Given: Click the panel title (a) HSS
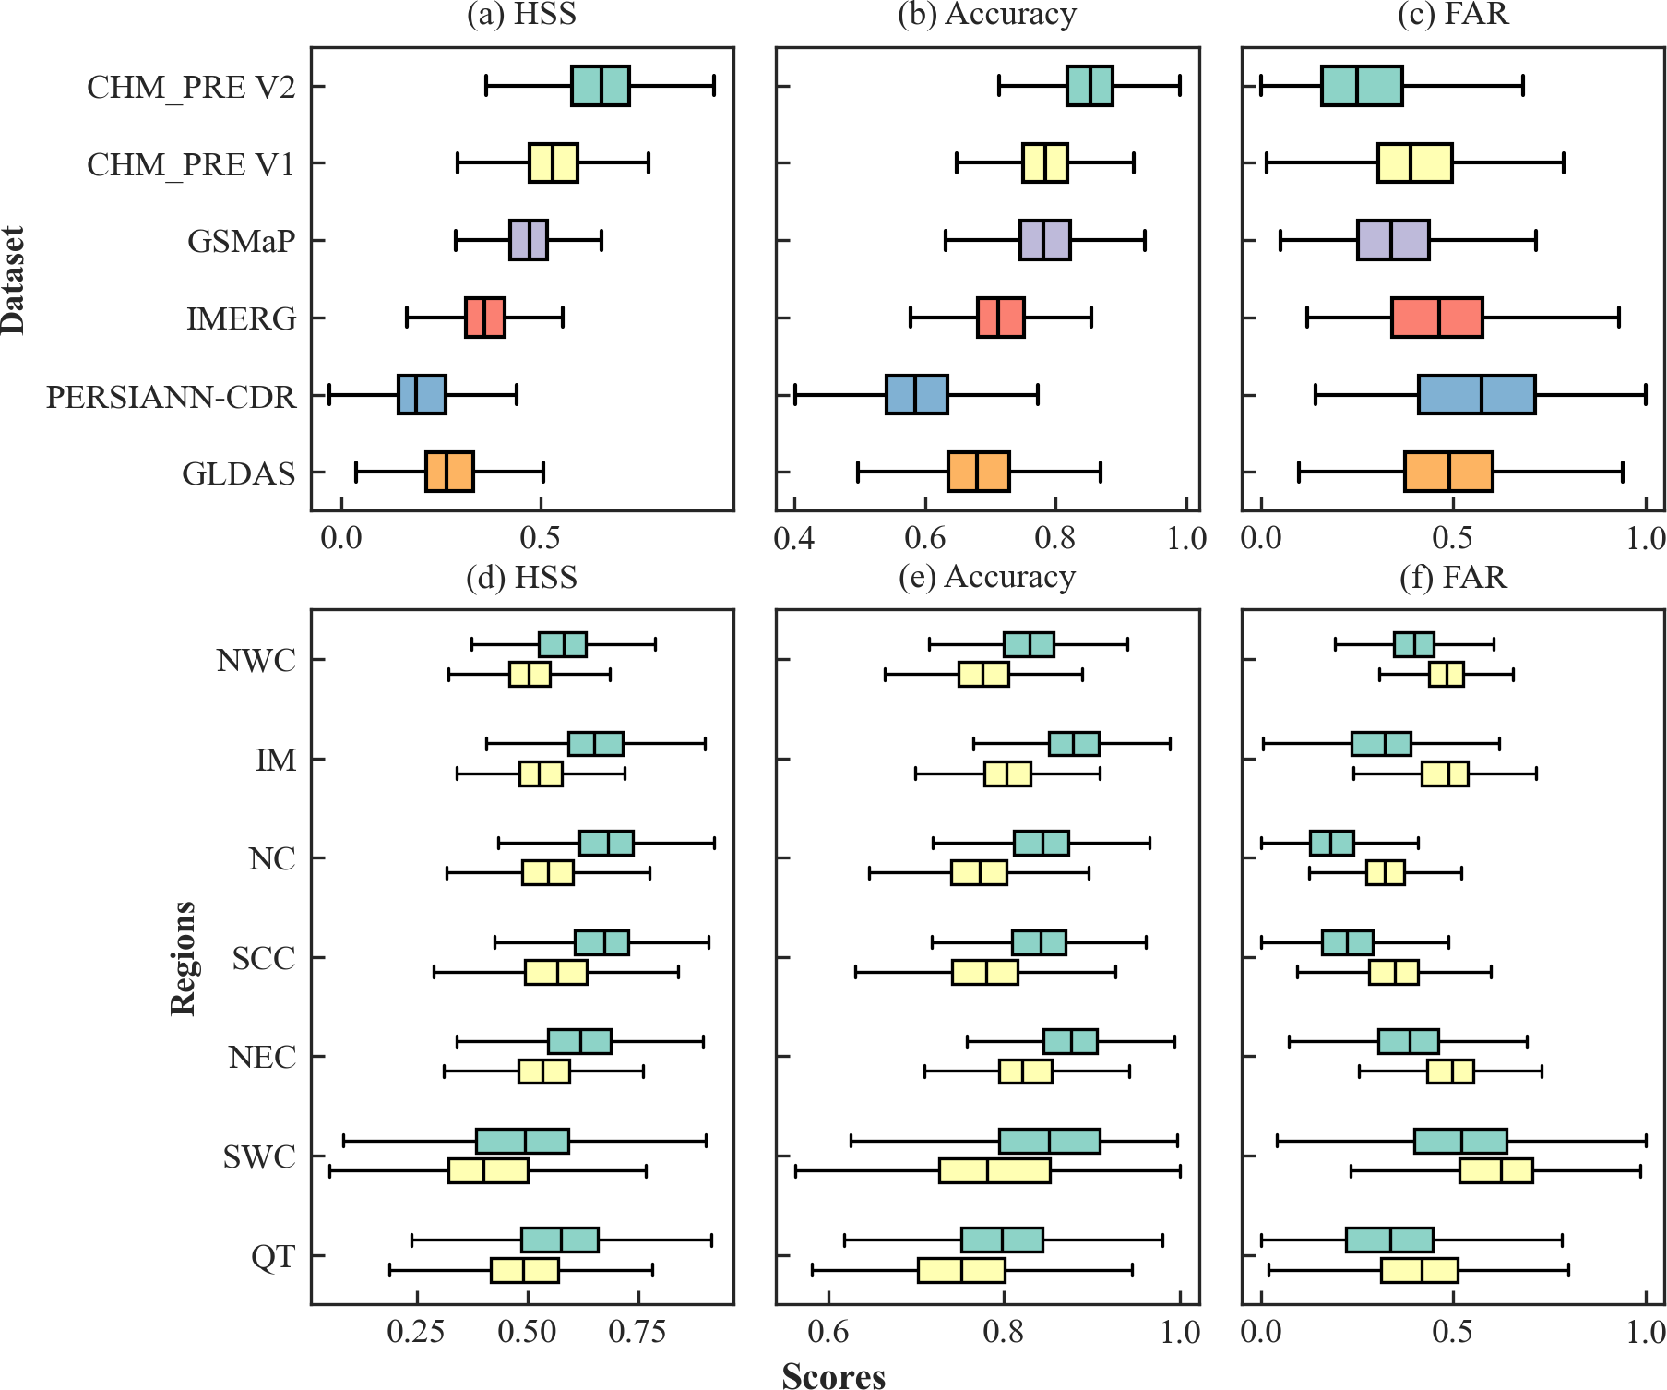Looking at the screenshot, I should (521, 15).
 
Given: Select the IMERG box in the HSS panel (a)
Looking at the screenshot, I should (484, 318).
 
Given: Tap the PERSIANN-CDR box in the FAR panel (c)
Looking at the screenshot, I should (1476, 395).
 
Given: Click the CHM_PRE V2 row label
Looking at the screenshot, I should (191, 87).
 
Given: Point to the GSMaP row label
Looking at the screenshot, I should (241, 241).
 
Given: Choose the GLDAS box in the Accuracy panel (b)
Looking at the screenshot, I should (978, 472).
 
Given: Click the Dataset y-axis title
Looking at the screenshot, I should (14, 279).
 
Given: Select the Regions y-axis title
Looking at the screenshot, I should (183, 958).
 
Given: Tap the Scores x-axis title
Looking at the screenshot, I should (833, 1376).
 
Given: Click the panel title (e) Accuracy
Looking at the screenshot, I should (987, 577).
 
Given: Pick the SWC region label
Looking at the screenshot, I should (259, 1156).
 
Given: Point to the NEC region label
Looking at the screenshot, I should (262, 1057).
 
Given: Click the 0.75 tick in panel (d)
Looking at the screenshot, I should (637, 1332).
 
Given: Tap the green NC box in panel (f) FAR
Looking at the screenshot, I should (1331, 843).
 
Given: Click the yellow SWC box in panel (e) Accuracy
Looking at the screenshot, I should (994, 1170).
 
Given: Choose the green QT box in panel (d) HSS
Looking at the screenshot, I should (559, 1240).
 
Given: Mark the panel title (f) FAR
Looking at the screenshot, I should (1453, 577).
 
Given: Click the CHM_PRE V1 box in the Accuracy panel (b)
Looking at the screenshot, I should (1044, 163).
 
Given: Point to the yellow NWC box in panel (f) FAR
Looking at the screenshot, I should (1446, 675).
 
